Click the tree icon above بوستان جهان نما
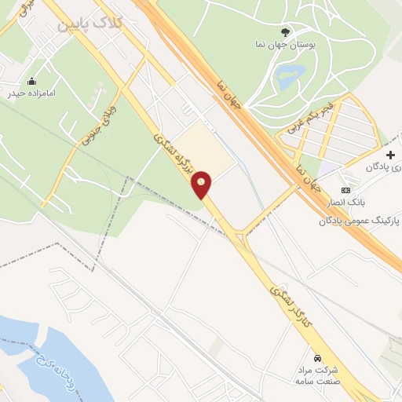click(285, 33)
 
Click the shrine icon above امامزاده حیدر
click(31, 80)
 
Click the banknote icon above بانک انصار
click(346, 191)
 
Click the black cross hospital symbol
click(390, 155)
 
